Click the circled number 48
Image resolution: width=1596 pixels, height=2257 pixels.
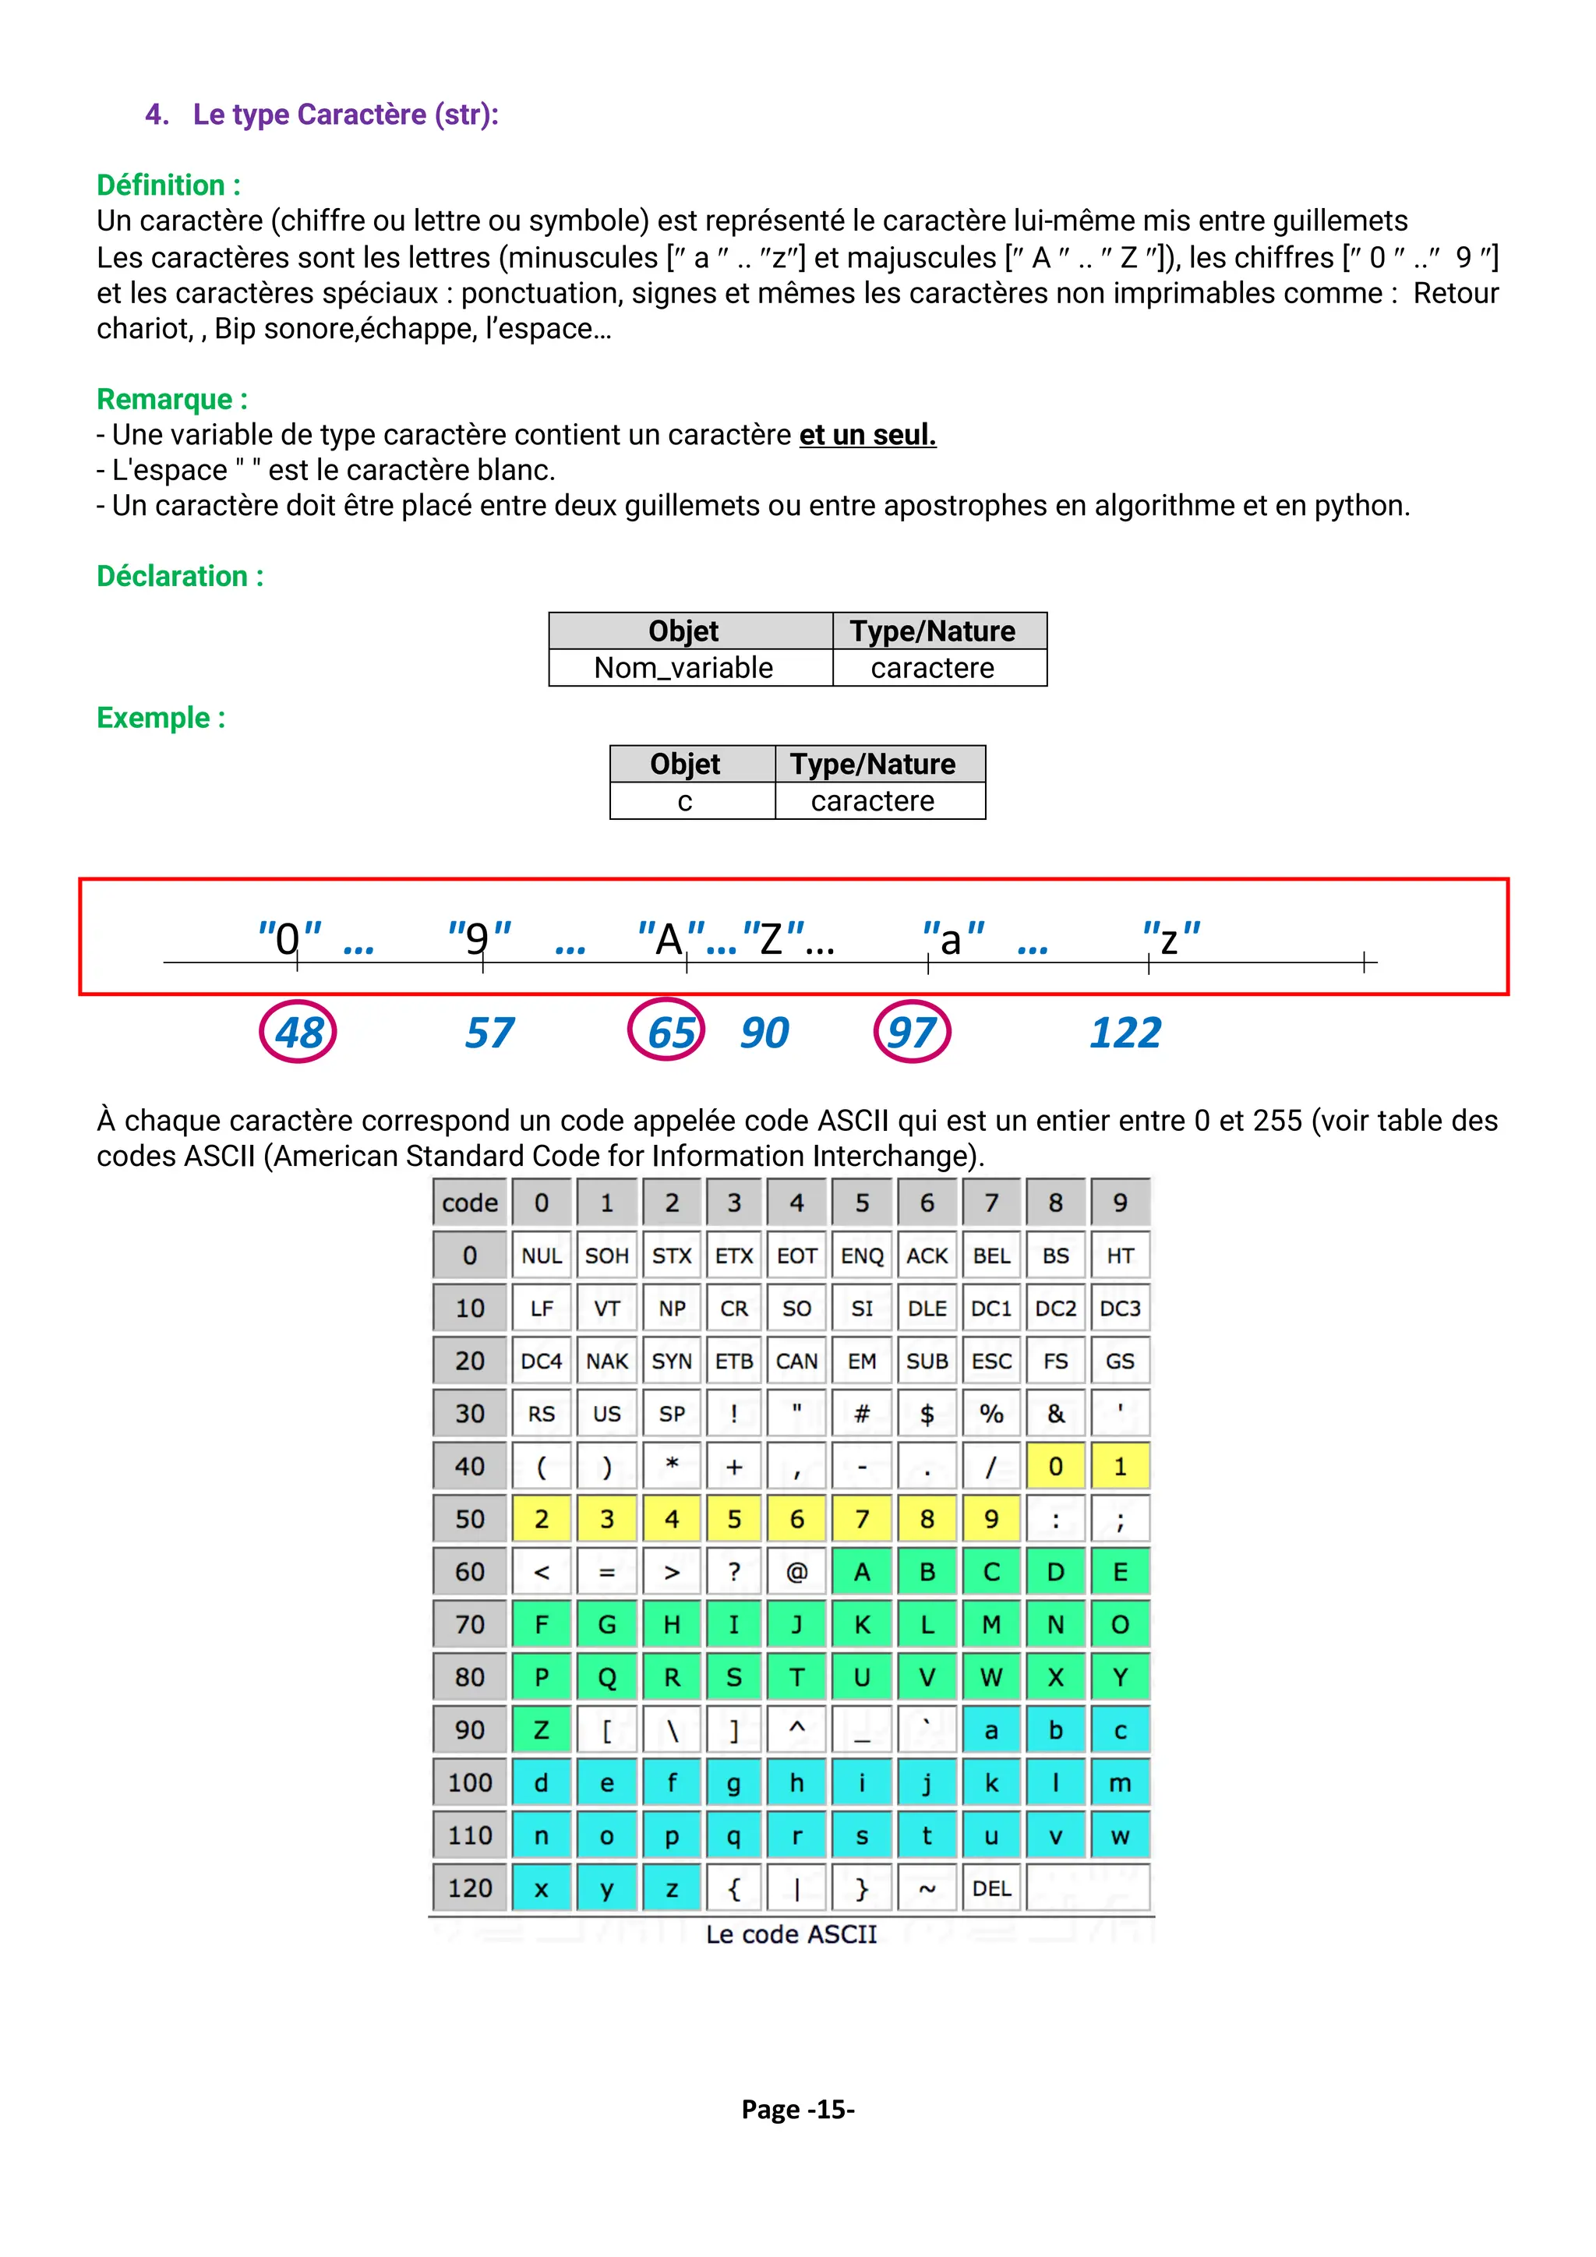pos(298,1032)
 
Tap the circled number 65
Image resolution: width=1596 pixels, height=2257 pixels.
pos(667,1032)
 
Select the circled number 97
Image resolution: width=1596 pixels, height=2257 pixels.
pos(912,1032)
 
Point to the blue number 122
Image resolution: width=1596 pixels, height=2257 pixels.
pos(1125,1032)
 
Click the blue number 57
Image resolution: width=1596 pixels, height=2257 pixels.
pos(489,1032)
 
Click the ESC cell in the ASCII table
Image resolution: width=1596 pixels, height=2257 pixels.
pos(991,1362)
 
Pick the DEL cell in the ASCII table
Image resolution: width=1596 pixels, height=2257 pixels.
pos(991,1888)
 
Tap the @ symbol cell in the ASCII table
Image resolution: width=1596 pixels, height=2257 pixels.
pos(797,1572)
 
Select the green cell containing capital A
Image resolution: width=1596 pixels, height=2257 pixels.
pos(862,1572)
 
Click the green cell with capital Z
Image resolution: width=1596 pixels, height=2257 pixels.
pos(542,1730)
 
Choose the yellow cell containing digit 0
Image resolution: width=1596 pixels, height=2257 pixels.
pos(1055,1467)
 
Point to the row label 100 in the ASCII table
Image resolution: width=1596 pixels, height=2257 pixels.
pos(470,1783)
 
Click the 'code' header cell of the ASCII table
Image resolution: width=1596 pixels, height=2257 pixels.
pos(470,1203)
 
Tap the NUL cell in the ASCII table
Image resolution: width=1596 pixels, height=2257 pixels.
pos(542,1256)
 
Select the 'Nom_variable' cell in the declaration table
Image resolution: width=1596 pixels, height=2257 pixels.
pos(684,669)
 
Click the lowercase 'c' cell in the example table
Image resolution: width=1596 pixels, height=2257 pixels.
pos(685,801)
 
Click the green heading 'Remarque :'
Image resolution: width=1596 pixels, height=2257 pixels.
pos(172,399)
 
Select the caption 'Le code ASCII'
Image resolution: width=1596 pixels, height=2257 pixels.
pos(791,1934)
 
